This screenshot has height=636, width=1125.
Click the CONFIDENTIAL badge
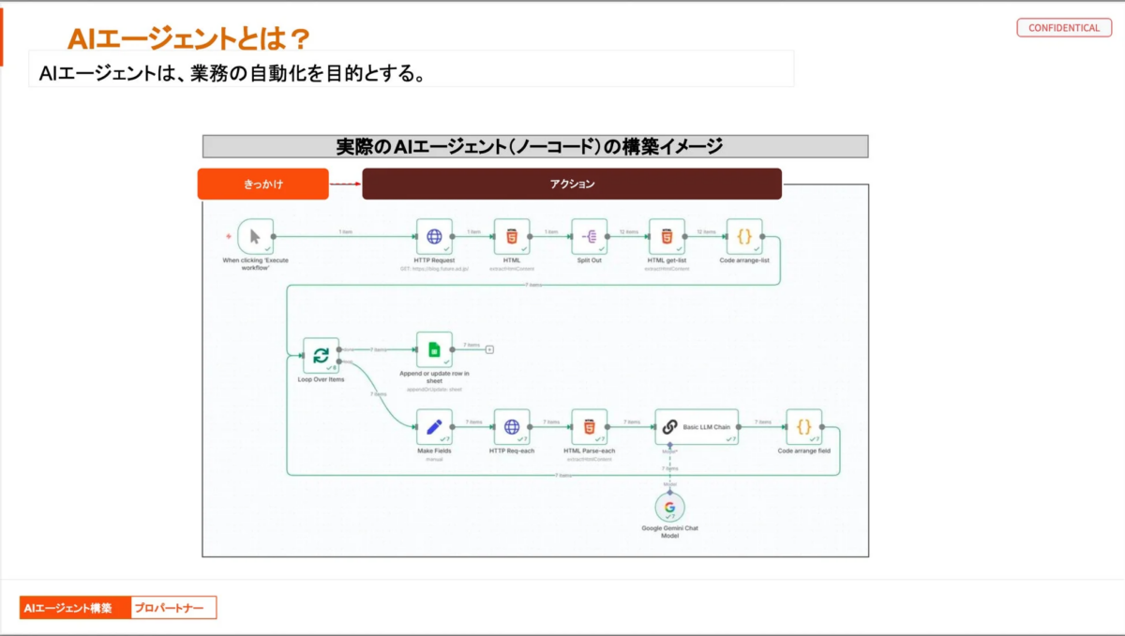coord(1063,28)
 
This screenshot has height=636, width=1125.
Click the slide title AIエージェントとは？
coord(188,38)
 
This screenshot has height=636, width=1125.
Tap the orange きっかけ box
coord(262,185)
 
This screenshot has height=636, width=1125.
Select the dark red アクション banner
coord(572,185)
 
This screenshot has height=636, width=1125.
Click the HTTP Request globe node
coord(434,237)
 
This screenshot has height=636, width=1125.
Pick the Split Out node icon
coord(590,237)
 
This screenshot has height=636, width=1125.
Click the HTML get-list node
coord(667,237)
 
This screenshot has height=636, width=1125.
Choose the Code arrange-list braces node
coord(744,237)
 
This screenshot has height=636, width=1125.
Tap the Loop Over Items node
coord(321,356)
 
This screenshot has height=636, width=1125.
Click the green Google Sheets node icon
coord(434,349)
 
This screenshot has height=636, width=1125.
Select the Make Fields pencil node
coord(434,427)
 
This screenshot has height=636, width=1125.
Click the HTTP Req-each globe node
coord(512,427)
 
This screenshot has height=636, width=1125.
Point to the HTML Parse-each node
coord(589,427)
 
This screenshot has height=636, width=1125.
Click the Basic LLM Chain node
coord(697,427)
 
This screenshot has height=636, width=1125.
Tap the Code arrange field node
coord(803,427)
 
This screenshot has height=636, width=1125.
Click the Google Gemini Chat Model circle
coord(669,508)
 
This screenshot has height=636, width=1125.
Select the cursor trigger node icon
coord(255,237)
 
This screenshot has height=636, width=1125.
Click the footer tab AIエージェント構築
coord(75,608)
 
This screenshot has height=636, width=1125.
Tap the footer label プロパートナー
coord(172,608)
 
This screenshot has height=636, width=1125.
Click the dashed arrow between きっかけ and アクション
coord(345,185)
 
